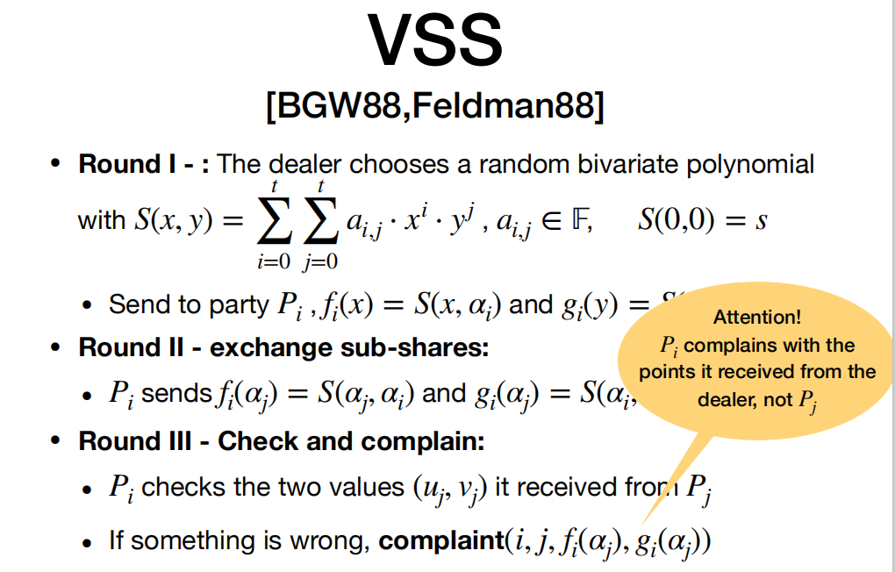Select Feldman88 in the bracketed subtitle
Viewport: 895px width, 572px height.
[507, 107]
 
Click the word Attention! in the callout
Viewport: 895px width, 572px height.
[756, 317]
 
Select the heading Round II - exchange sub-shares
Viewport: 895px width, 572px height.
[283, 347]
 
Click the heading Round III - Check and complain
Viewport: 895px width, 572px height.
[281, 440]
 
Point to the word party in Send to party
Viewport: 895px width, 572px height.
[238, 304]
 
